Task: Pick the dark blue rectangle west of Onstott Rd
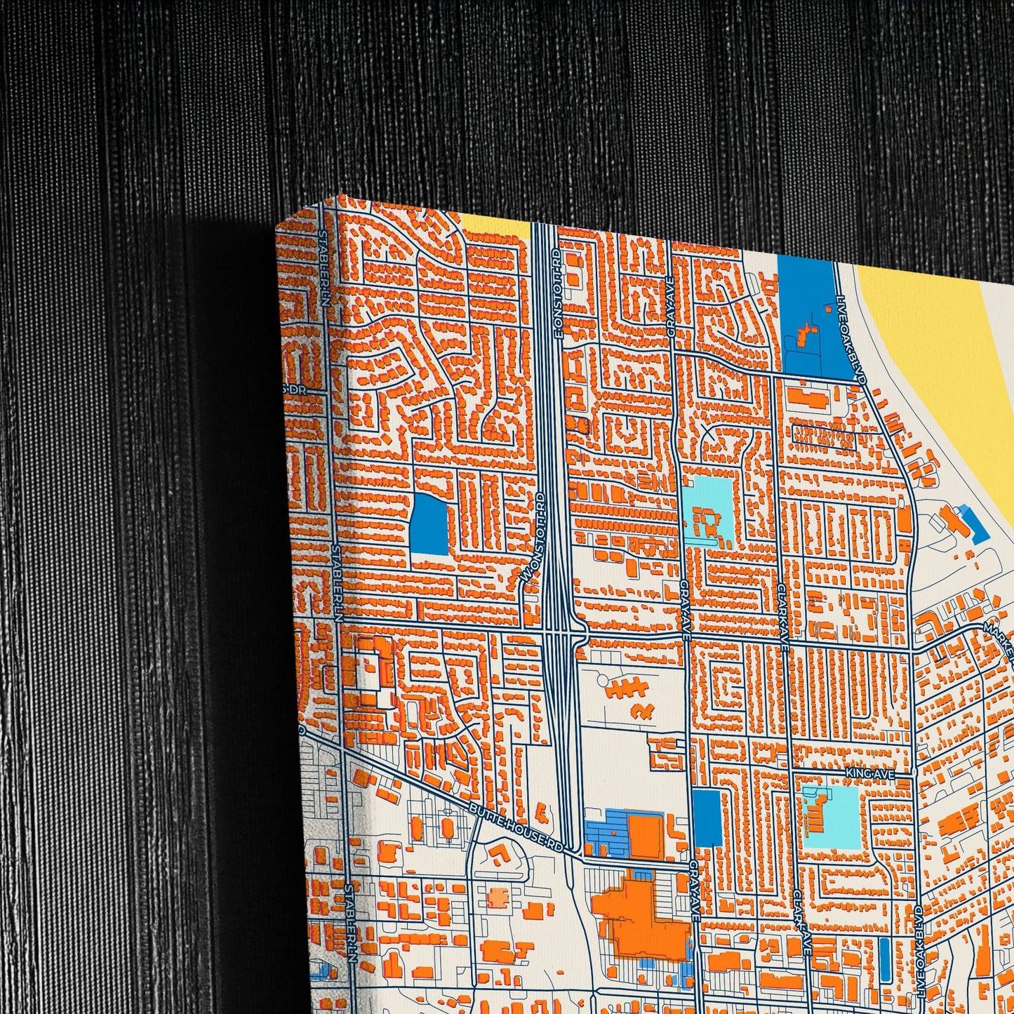[x=428, y=523]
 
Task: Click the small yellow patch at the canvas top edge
[x=495, y=227]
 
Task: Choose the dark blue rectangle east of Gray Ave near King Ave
[x=707, y=816]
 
